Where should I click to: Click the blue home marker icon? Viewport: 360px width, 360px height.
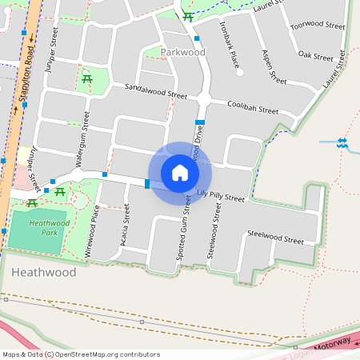click(x=180, y=173)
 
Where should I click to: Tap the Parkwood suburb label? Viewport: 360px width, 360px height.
click(x=182, y=52)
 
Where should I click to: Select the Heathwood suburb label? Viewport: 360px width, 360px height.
click(x=44, y=273)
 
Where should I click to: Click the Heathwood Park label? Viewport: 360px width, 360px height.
click(x=35, y=229)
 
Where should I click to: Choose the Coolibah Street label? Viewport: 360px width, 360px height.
click(x=252, y=107)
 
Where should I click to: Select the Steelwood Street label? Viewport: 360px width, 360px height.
click(x=276, y=238)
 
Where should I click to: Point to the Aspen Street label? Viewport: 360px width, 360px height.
click(x=274, y=67)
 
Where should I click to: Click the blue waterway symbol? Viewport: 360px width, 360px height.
click(x=342, y=143)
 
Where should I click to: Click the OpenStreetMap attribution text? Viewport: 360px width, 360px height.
click(x=81, y=354)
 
